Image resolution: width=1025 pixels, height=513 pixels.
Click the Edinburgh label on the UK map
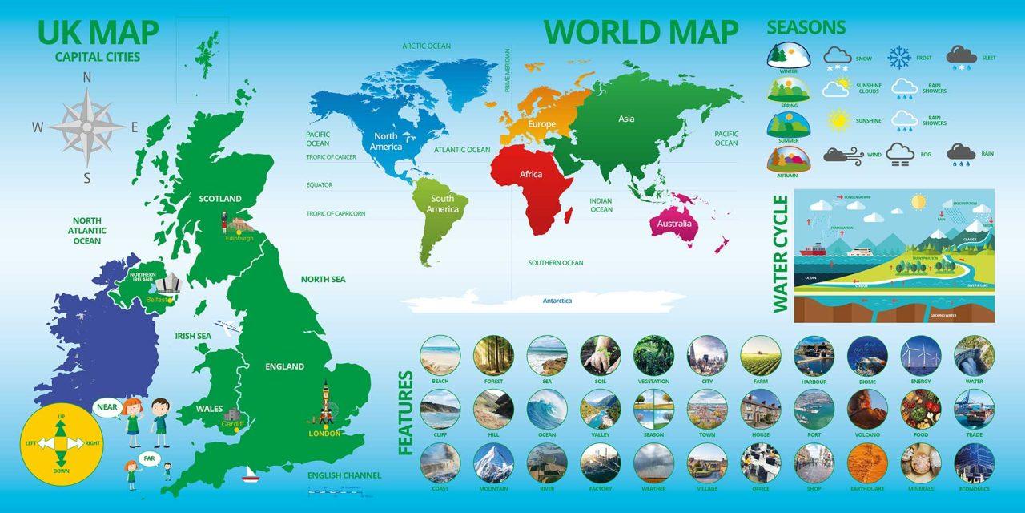(239, 238)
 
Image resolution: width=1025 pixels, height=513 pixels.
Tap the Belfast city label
(156, 300)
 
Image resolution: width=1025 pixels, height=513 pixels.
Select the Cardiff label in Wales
(232, 424)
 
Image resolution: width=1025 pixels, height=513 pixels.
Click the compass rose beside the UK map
(87, 127)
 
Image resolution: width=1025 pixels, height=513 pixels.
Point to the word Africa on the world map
(531, 174)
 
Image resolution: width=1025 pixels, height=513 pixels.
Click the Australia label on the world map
(674, 224)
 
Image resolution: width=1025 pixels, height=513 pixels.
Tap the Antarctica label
(557, 301)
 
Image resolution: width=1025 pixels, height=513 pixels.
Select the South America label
(442, 204)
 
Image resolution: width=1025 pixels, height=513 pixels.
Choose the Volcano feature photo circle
(867, 410)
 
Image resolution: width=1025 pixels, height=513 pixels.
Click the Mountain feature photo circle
(493, 463)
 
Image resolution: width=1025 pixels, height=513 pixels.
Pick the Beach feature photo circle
(440, 355)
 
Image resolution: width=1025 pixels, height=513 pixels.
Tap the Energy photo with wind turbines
(921, 355)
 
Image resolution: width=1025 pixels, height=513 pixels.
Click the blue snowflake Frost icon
(899, 57)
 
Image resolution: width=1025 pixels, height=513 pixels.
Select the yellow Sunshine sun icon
(838, 121)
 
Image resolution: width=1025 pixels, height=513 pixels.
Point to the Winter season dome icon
(788, 55)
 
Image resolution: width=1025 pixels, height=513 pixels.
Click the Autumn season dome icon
(788, 159)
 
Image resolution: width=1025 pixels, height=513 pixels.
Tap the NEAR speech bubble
(107, 407)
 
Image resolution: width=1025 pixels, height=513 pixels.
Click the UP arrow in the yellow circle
(61, 425)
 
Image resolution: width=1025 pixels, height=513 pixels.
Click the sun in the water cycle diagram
(918, 201)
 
